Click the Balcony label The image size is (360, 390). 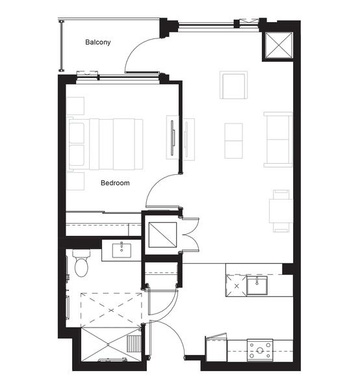tap(97, 42)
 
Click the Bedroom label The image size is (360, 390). tap(115, 183)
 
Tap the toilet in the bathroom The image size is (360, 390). tap(81, 263)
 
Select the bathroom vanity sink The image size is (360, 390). tap(122, 250)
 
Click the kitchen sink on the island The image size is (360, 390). tap(257, 285)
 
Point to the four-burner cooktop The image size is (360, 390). tap(260, 350)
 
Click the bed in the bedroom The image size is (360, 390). tap(106, 144)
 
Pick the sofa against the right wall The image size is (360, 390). tap(278, 140)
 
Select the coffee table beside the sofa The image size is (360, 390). tap(233, 141)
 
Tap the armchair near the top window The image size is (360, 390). tap(233, 85)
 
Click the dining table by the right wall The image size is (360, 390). tap(281, 211)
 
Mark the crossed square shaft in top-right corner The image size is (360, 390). tap(279, 45)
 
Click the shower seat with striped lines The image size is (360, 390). tap(135, 343)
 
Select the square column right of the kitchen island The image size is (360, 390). tap(288, 269)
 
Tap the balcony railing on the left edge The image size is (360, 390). tap(61, 46)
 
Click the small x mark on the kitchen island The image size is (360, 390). tap(237, 286)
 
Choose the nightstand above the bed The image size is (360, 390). tap(75, 106)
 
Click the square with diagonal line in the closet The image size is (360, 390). tap(162, 235)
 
